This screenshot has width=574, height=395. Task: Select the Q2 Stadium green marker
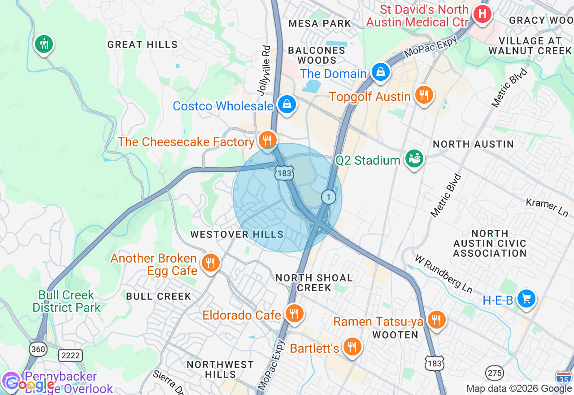(x=414, y=158)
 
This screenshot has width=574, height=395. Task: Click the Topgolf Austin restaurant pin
(x=423, y=95)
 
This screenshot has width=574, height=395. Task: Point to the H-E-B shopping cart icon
(x=526, y=298)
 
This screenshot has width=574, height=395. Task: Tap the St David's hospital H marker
(x=482, y=14)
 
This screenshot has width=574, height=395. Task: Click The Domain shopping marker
(x=380, y=72)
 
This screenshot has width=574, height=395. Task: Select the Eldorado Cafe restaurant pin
(x=294, y=314)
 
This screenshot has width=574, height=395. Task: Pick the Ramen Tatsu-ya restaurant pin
(x=435, y=320)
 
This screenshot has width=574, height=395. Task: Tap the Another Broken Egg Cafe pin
(x=210, y=263)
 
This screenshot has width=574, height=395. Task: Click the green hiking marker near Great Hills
(x=44, y=44)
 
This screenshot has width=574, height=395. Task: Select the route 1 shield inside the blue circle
(x=329, y=197)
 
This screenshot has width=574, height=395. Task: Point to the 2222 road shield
(x=70, y=355)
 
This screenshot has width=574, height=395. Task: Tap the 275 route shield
(x=494, y=373)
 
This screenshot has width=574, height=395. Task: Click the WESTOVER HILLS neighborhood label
(x=237, y=234)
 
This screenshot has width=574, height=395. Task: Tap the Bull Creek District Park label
(x=66, y=301)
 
